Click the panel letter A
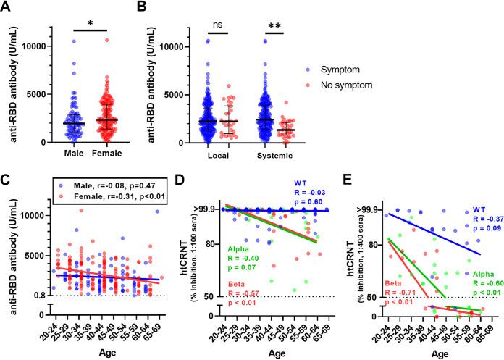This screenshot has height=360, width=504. tap(7, 9)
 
